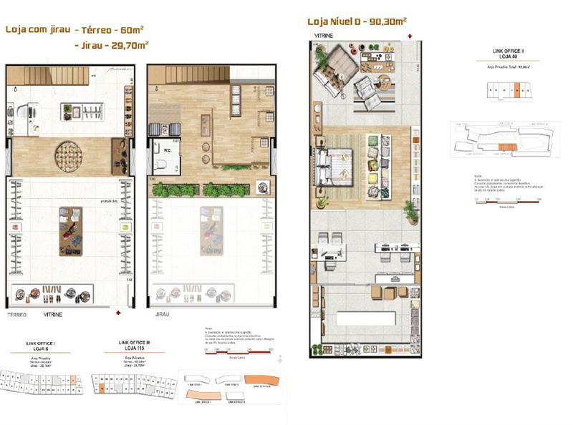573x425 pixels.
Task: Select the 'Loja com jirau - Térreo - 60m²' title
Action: (x=74, y=30)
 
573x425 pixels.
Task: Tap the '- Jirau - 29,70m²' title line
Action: (x=111, y=44)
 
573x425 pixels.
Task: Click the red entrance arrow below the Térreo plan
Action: (x=119, y=313)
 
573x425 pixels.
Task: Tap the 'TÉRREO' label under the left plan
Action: (x=17, y=314)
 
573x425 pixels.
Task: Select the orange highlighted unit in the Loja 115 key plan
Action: (x=102, y=389)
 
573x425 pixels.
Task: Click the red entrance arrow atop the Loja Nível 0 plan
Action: (x=409, y=35)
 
